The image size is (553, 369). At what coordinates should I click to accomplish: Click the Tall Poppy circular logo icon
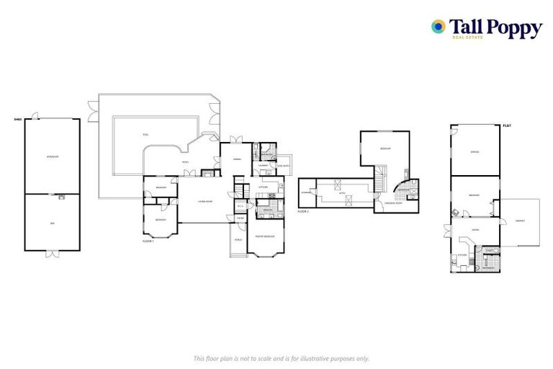[437, 27]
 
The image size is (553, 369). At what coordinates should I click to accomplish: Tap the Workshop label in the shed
[52, 156]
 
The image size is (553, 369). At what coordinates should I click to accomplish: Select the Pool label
[145, 135]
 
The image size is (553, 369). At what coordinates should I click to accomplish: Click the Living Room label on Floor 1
[205, 201]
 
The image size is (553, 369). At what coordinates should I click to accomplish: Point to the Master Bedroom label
[265, 236]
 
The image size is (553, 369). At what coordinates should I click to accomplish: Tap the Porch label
[238, 239]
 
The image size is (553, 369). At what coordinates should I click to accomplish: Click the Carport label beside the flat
[520, 221]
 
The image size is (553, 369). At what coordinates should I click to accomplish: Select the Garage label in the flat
[475, 151]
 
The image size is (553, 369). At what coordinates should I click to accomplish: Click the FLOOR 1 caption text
[148, 241]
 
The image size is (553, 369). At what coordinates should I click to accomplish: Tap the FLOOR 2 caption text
[303, 211]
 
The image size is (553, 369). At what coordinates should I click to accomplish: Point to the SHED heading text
[17, 120]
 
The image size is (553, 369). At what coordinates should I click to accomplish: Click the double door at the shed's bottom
[52, 254]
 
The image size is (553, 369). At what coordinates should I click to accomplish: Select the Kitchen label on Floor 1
[264, 188]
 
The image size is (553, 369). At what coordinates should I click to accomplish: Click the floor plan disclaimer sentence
[281, 357]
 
